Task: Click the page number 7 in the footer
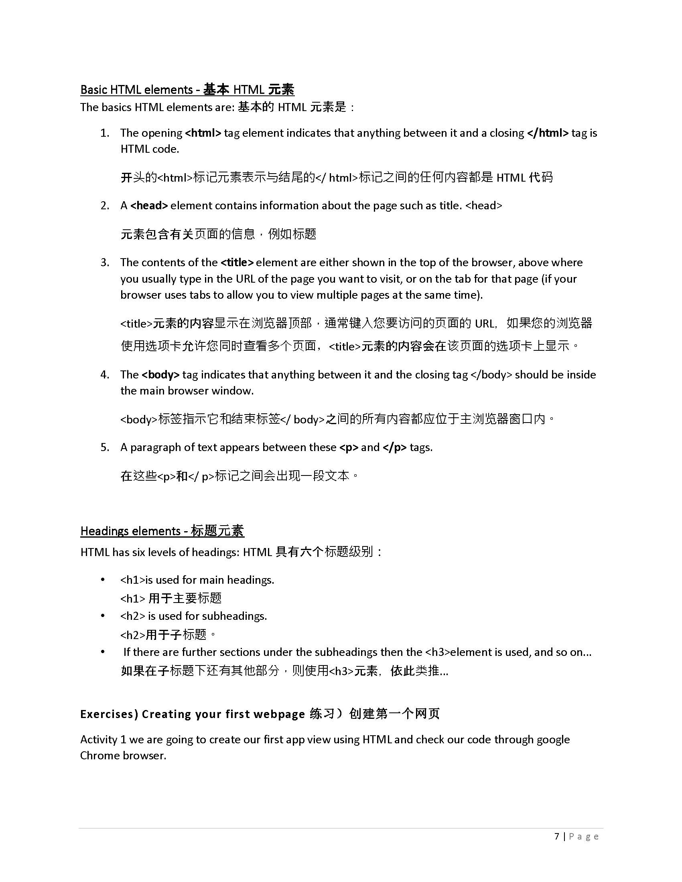pyautogui.click(x=557, y=836)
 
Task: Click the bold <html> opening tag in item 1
pyautogui.click(x=203, y=133)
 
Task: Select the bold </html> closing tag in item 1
pyautogui.click(x=548, y=133)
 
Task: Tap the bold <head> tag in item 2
pyautogui.click(x=149, y=206)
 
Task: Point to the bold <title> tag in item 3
pyautogui.click(x=237, y=263)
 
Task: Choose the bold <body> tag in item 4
pyautogui.click(x=160, y=375)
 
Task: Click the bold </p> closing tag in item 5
pyautogui.click(x=394, y=447)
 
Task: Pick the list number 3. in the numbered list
pyautogui.click(x=105, y=263)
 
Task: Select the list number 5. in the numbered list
pyautogui.click(x=105, y=447)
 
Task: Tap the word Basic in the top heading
pyautogui.click(x=94, y=90)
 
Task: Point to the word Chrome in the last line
pyautogui.click(x=99, y=756)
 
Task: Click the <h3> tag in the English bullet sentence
pyautogui.click(x=437, y=652)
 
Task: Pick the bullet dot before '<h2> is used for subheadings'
pyautogui.click(x=103, y=616)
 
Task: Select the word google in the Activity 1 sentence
pyautogui.click(x=553, y=739)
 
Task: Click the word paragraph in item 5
pyautogui.click(x=156, y=447)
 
